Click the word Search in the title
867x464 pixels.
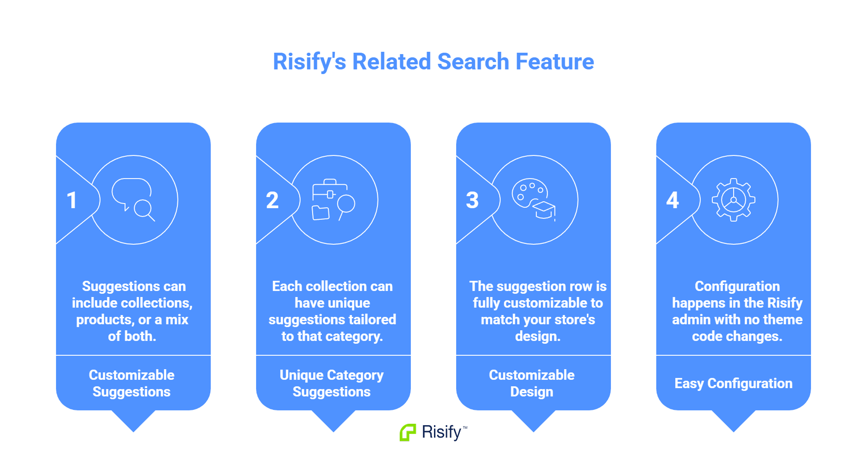click(x=473, y=62)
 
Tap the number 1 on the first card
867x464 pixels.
click(x=72, y=200)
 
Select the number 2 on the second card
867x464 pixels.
click(x=272, y=200)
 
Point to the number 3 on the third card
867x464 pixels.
click(x=472, y=200)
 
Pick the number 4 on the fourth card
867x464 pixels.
click(x=672, y=200)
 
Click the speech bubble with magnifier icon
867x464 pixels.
click(x=133, y=199)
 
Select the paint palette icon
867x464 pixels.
click(x=533, y=199)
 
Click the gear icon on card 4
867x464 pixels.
click(x=734, y=200)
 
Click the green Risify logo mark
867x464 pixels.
click(x=408, y=432)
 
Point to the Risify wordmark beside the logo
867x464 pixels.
click(x=441, y=432)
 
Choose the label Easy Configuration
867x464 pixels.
click(x=733, y=384)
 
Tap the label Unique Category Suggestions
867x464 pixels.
click(x=332, y=384)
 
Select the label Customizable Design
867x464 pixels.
click(x=532, y=384)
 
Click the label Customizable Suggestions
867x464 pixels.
click(x=132, y=384)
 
